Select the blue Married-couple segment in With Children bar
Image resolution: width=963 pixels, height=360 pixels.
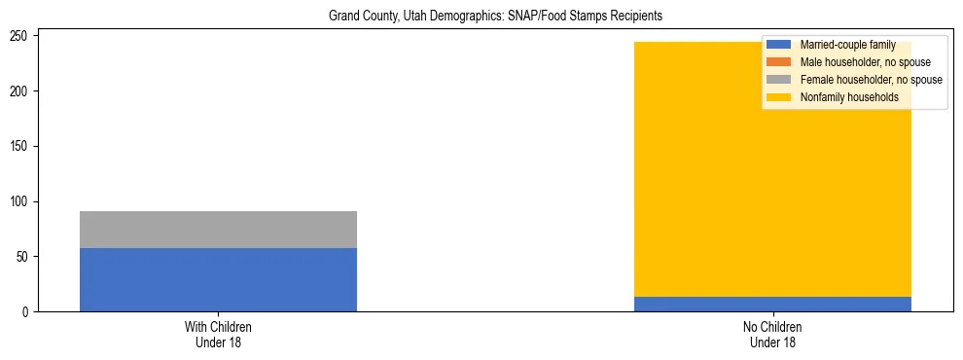click(218, 279)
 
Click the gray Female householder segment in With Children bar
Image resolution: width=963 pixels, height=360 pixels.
click(218, 230)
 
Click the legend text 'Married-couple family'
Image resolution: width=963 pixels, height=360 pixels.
click(847, 45)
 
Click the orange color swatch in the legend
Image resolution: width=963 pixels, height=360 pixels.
click(779, 62)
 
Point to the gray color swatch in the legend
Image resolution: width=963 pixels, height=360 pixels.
click(779, 80)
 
